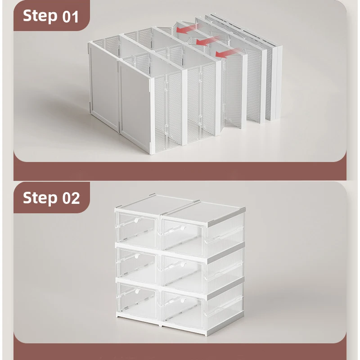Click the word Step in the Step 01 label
tap(40, 16)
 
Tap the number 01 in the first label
tap(71, 17)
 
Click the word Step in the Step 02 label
tap(40, 198)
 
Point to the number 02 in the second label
tap(71, 198)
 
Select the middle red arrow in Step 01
tap(206, 41)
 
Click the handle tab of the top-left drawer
tap(137, 220)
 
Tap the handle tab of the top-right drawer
tap(183, 228)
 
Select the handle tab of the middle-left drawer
tap(137, 256)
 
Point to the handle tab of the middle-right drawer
tap(183, 264)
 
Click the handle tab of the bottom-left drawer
tap(137, 291)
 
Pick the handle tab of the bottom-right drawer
tap(183, 300)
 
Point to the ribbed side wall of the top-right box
tap(225, 232)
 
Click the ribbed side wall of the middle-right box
tap(225, 269)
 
